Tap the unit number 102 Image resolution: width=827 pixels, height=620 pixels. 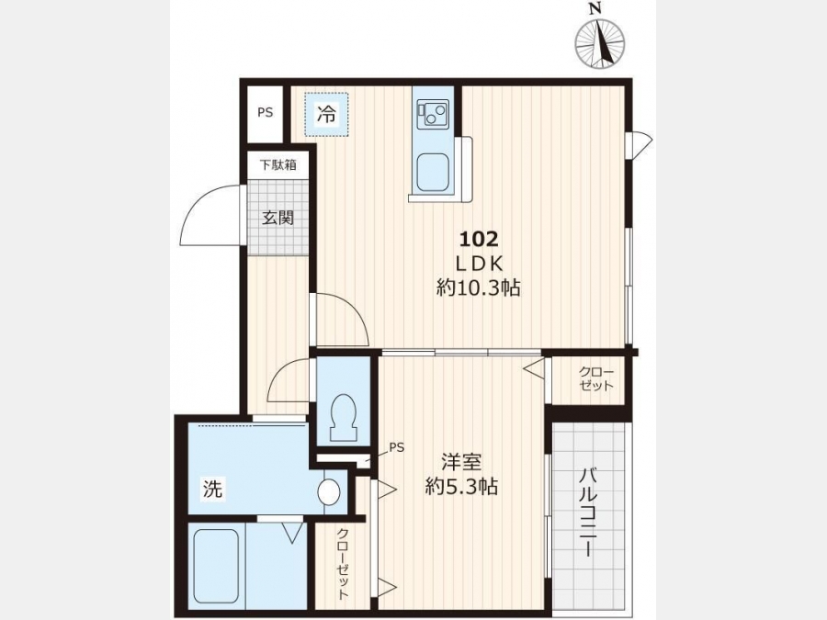[479, 240]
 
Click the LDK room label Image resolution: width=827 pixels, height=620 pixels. [479, 264]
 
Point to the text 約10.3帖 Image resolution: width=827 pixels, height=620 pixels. [479, 287]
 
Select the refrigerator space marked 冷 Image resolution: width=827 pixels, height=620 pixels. [326, 115]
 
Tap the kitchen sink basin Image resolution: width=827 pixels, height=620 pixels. [433, 174]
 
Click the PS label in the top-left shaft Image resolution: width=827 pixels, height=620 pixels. [266, 113]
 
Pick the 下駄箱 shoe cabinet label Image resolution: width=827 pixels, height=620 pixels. [278, 165]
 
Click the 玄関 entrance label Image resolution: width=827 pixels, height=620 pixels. [278, 217]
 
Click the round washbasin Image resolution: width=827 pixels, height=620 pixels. [329, 492]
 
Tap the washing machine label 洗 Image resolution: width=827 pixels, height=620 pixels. [213, 489]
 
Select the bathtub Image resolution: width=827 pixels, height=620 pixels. [216, 566]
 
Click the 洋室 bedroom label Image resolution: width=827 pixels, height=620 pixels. [461, 462]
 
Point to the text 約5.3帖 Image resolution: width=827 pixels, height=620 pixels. [461, 486]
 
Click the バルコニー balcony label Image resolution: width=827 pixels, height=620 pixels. [587, 513]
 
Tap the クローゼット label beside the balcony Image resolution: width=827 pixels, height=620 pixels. [596, 378]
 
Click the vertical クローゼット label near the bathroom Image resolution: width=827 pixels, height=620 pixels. [344, 564]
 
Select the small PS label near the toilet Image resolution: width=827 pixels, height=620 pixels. [397, 447]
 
